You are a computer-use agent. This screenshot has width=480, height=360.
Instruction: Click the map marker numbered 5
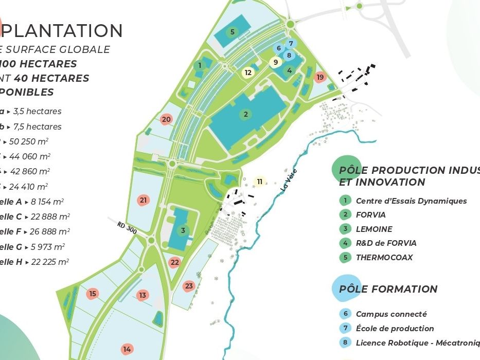coord(233,32)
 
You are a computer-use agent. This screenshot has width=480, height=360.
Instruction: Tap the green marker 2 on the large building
coord(246,114)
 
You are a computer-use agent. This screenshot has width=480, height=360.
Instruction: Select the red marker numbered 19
coord(320,77)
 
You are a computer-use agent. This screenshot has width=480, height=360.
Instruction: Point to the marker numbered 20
coord(166,119)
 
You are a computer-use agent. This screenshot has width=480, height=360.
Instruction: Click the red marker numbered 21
coord(144,200)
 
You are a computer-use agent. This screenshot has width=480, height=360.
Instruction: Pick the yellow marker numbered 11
coord(260,182)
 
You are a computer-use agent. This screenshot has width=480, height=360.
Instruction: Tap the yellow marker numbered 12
coord(248,73)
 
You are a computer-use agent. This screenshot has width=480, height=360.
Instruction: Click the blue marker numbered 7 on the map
coord(291,44)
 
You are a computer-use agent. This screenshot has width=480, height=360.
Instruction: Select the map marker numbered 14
coord(127,349)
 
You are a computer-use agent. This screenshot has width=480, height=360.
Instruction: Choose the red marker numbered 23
coord(189,286)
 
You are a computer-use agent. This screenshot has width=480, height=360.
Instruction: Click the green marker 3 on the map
coord(183,230)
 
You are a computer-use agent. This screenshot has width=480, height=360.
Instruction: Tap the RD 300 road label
coord(127,228)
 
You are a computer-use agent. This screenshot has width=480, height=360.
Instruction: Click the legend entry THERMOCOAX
coord(384,258)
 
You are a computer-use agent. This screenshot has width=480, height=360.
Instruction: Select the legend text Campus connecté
coord(391,314)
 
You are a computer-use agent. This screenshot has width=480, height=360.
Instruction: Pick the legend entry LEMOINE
coord(374,229)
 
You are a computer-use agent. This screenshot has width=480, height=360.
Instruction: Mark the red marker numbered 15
coord(93,294)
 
